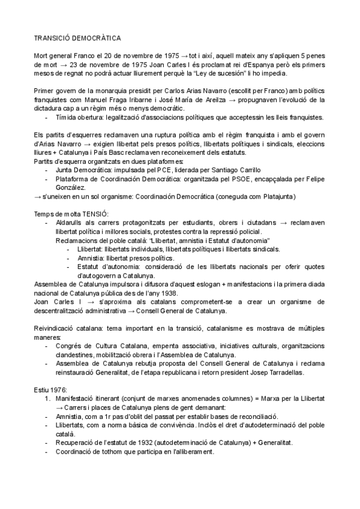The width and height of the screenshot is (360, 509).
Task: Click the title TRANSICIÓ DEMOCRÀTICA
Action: [x=77, y=38]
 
